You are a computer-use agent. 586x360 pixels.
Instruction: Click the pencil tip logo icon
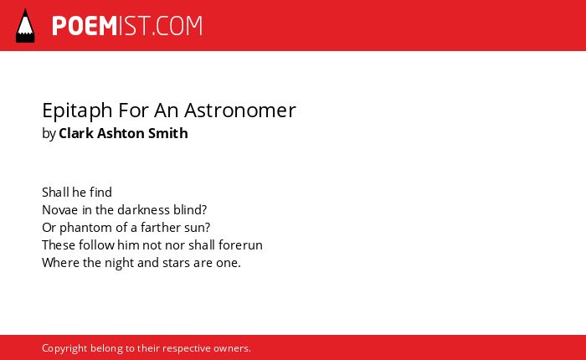point(25,25)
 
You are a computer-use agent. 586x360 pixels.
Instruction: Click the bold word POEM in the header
point(85,26)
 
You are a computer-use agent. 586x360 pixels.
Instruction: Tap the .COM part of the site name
point(177,26)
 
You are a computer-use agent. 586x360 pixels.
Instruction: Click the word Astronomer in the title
point(240,111)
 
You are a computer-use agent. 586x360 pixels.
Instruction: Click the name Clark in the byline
point(76,133)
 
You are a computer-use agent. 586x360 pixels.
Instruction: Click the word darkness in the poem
point(143,209)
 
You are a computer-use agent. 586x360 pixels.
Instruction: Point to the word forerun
point(240,244)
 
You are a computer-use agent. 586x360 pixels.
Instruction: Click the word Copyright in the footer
point(64,348)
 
